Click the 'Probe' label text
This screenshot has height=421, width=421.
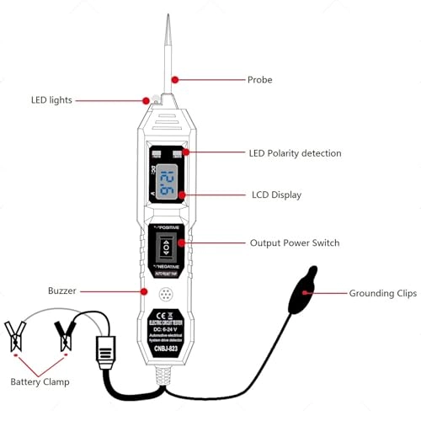[259, 81]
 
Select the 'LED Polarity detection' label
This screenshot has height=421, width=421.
[295, 153]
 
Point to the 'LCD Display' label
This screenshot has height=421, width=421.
[275, 195]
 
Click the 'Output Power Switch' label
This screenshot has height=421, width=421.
[295, 242]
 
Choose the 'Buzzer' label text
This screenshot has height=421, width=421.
[61, 290]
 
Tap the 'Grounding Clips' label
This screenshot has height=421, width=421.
[383, 294]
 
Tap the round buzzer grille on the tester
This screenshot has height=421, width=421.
[168, 296]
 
